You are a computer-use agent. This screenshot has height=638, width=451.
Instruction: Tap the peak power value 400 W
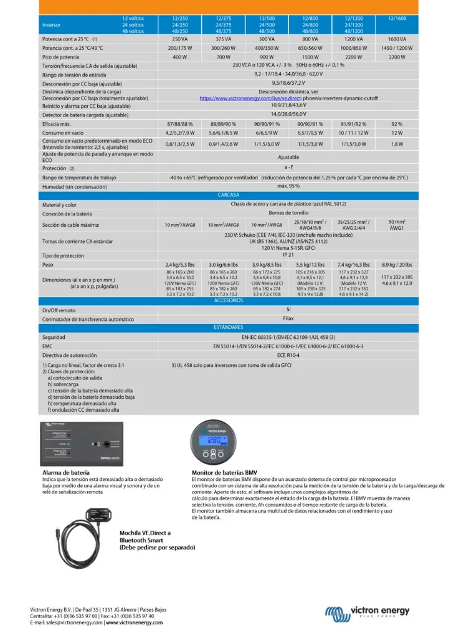point(180,57)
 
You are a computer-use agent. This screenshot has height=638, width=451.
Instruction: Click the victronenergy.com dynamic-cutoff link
point(259,98)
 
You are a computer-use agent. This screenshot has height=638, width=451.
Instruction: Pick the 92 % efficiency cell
point(397,124)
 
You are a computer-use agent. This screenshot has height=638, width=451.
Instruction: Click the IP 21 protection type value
point(288,255)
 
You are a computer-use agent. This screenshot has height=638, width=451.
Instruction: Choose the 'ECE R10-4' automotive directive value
point(288,355)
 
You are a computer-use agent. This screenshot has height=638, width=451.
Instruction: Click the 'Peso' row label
point(48,265)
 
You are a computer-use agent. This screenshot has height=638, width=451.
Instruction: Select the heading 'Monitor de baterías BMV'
point(224,472)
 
